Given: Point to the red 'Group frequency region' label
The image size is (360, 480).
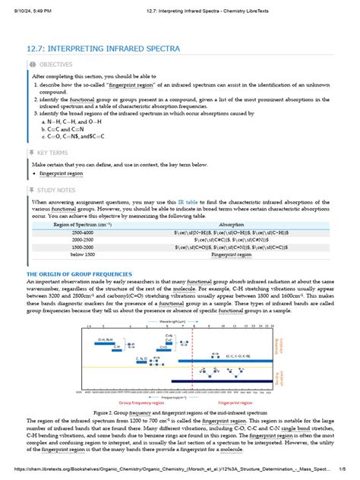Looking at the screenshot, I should click(x=136, y=403).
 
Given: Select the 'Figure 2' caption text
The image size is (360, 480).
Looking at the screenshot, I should click(x=179, y=412).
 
